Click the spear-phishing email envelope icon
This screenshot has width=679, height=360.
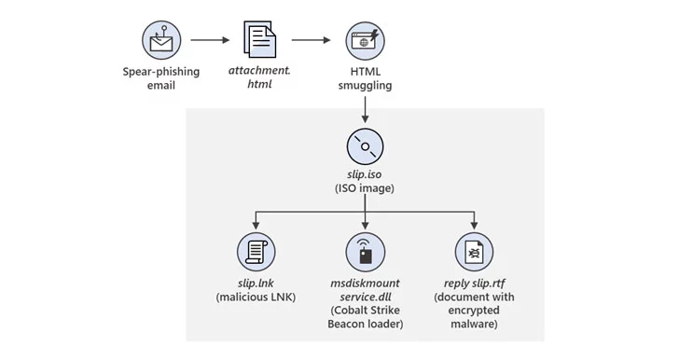point(161,40)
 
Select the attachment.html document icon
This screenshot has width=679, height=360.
point(260,39)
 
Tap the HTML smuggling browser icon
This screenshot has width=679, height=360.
point(365,41)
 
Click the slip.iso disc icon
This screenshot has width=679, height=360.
point(365,146)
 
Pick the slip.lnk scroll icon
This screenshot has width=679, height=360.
point(256,252)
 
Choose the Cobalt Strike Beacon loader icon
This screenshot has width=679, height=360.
point(365,252)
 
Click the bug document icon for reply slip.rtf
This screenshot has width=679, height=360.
point(474,252)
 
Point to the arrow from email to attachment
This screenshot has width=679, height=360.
point(210,40)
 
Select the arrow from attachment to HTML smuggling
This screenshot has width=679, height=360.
point(311,40)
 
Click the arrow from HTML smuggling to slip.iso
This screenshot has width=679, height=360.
point(365,110)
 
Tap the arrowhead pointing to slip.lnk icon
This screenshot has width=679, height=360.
point(256,226)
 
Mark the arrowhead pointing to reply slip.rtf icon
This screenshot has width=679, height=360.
point(474,226)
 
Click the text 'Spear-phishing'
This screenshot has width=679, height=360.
point(161,72)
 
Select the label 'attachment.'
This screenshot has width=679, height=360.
point(260,70)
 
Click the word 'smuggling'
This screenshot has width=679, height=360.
point(365,86)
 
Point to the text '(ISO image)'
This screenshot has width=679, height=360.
point(365,188)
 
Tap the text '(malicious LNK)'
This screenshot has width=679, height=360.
point(256,298)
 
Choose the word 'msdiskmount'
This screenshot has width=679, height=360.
point(365,284)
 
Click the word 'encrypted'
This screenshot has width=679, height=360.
point(474,311)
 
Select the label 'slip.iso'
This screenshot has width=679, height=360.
point(365,174)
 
